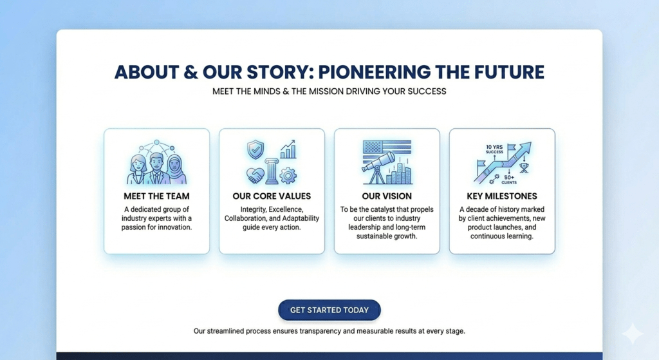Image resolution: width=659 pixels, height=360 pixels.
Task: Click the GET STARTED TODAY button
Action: click(329, 310)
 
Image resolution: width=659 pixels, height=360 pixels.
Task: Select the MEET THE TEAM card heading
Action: click(156, 196)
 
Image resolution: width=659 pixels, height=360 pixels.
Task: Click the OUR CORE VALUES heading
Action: click(272, 196)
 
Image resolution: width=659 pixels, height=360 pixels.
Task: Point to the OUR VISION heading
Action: click(387, 196)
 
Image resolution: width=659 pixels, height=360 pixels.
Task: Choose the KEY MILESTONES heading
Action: click(501, 196)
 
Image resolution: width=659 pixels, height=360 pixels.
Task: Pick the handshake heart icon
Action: click(255, 175)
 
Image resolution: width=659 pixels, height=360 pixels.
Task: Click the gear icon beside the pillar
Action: click(288, 175)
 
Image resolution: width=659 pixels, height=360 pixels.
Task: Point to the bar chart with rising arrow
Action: click(288, 150)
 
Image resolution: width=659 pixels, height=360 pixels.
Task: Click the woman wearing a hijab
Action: click(176, 169)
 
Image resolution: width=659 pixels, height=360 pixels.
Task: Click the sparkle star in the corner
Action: click(632, 334)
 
